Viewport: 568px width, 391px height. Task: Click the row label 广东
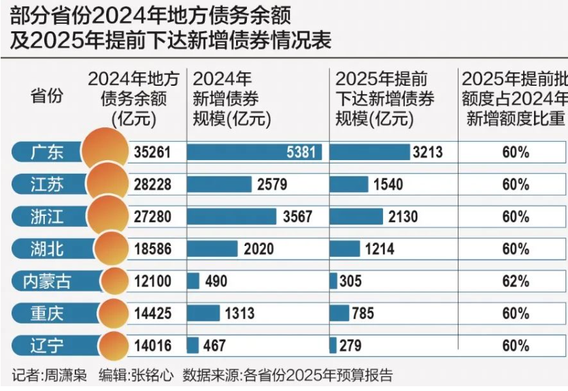coord(48,152)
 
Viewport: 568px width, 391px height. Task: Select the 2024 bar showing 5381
coord(254,152)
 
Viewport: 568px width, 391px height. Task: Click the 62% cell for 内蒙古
coord(515,281)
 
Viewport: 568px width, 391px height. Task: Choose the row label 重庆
coord(48,313)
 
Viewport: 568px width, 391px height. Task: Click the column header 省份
coord(47,96)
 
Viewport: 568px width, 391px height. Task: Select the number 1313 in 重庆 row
coord(238,313)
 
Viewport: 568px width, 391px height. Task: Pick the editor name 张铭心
coord(154,376)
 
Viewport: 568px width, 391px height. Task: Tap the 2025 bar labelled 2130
coord(356,217)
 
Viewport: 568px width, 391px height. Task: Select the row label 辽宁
coord(48,346)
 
